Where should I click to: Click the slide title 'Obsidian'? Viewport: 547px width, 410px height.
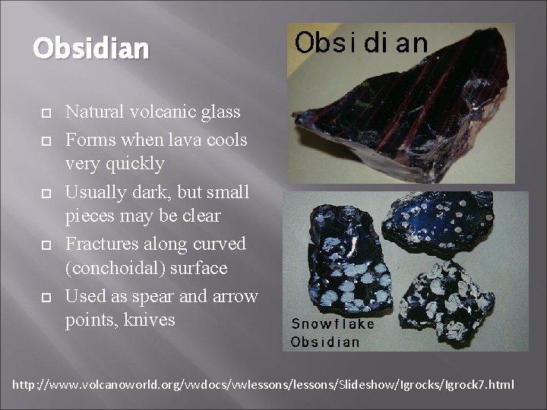(90, 49)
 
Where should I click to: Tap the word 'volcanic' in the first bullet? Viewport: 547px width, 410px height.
(153, 112)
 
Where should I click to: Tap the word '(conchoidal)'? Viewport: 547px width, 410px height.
(115, 269)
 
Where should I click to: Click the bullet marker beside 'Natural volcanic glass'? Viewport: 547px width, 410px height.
(46, 113)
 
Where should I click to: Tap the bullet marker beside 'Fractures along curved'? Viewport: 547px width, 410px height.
(46, 244)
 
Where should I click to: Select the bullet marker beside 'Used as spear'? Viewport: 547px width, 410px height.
(46, 297)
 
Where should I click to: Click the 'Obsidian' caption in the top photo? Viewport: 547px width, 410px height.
(361, 43)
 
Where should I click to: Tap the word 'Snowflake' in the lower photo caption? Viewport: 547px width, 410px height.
(333, 324)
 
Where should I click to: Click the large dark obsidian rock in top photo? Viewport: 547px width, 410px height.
(403, 114)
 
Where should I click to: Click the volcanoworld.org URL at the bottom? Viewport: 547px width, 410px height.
(263, 385)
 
